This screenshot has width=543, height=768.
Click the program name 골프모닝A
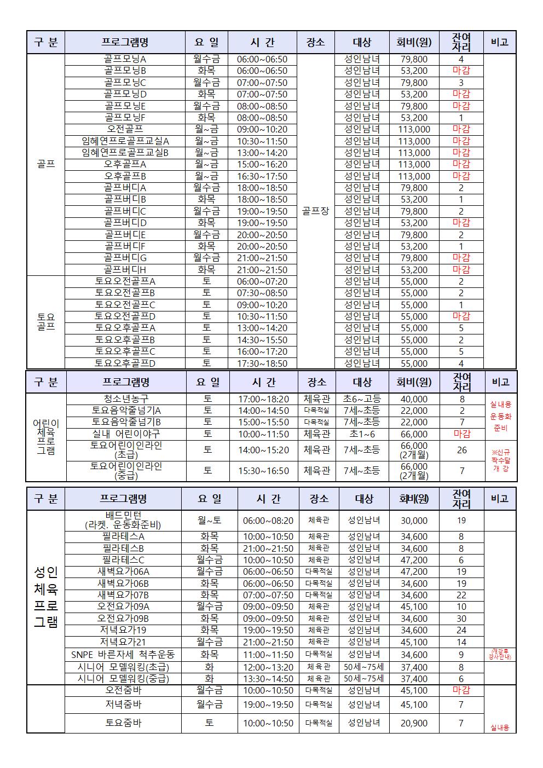coord(125,59)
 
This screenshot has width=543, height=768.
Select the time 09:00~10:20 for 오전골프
coord(262,130)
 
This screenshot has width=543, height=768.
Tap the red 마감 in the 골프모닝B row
coord(461,71)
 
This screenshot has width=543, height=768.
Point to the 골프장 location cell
coord(315,211)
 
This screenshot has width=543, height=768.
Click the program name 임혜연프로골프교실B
coord(125,153)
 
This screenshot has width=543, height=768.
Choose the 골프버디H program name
coord(125,270)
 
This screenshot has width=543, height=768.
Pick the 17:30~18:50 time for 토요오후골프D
coord(262,363)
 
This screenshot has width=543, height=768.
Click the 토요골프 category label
coord(46,322)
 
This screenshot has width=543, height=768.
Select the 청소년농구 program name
coord(126,399)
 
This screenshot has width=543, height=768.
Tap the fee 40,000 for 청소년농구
coord(414,399)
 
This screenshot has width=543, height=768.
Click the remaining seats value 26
coord(462,450)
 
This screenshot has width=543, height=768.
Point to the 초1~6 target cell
coord(362,434)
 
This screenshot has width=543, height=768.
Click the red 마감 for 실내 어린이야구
coord(462,434)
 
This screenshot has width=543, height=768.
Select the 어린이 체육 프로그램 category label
coord(46,437)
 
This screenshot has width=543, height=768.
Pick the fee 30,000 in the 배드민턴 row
coord(414,521)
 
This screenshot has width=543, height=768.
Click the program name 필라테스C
coord(123,560)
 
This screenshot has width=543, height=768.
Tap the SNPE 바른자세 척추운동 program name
coord(123,655)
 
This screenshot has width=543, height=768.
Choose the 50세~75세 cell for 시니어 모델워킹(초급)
coord(364,667)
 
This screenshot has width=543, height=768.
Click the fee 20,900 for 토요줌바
coord(414,723)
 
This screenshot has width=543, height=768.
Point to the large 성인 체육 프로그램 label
coord(46,597)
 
